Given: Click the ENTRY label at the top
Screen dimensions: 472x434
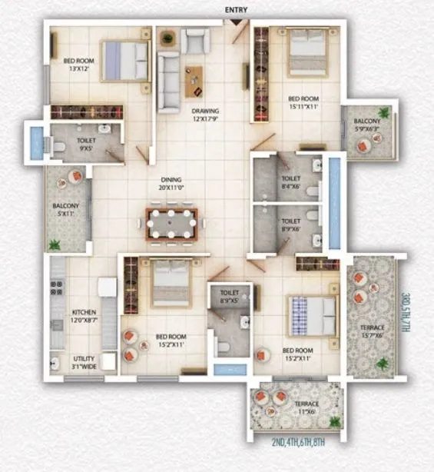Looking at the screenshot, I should [236, 9].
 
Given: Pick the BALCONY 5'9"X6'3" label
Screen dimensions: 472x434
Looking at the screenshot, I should [366, 126].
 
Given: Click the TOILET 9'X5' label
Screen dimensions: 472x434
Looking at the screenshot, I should [87, 145].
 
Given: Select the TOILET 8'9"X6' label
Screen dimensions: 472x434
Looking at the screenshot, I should [291, 224].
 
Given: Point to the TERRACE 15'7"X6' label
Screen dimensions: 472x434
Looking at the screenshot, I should [373, 331].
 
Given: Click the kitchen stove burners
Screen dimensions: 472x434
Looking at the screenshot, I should [56, 288].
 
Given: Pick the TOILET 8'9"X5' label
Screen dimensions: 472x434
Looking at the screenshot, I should [230, 297].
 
